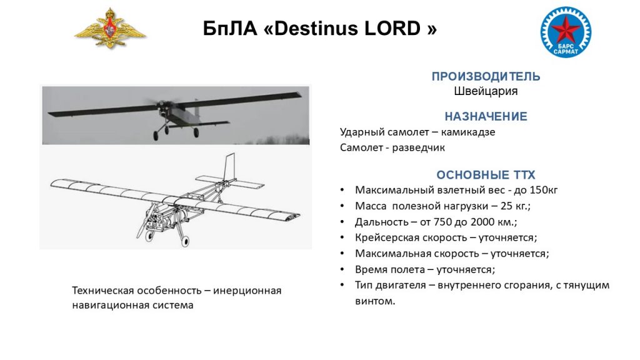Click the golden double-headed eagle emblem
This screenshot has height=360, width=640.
click(110, 29)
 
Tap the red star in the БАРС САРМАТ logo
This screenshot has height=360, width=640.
click(566, 30)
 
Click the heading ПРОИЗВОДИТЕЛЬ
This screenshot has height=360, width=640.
click(486, 76)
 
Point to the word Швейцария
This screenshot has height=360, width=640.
click(486, 91)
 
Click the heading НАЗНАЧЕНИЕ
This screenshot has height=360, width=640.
click(486, 116)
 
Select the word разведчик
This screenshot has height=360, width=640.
click(418, 147)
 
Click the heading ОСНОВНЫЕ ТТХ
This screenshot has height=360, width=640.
click(486, 175)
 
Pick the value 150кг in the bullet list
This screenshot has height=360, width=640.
click(543, 190)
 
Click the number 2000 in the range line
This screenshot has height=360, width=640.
click(483, 222)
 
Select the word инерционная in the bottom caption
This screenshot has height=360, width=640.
click(247, 291)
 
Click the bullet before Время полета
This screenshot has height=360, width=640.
click(342, 270)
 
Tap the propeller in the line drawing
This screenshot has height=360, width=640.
click(146, 222)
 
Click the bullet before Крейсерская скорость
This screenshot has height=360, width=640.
click(342, 238)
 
